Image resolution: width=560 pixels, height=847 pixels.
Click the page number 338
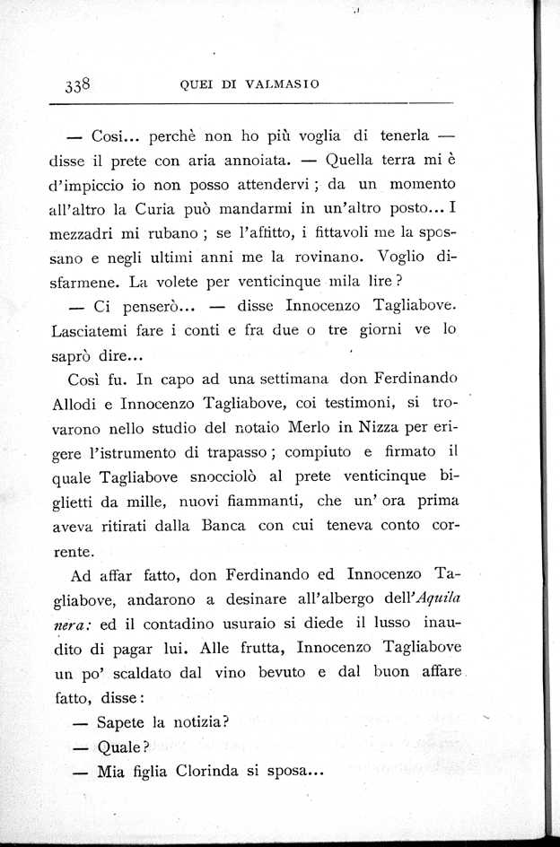79,85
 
